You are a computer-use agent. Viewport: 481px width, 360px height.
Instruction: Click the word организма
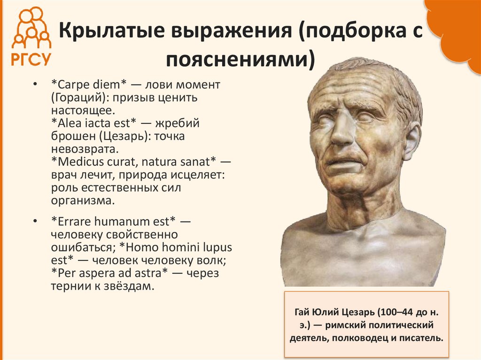(x=83, y=201)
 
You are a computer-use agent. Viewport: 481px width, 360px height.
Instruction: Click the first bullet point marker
(x=35, y=85)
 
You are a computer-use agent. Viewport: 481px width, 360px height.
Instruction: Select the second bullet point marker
(x=35, y=221)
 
